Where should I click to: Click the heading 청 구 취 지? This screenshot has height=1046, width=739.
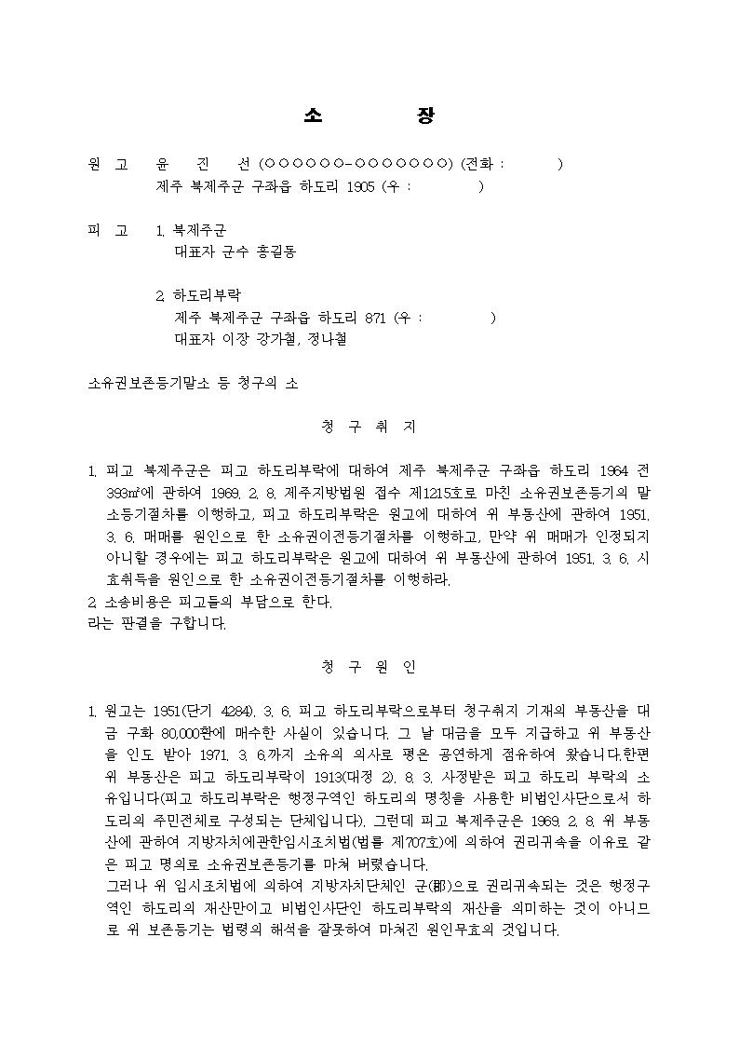pos(369,428)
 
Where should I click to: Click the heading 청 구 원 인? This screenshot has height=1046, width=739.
pos(369,668)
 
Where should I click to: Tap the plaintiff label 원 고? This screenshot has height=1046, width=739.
pos(108,165)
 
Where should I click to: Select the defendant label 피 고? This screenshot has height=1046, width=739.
pos(108,230)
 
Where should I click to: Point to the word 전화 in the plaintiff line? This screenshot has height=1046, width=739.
pos(482,165)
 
